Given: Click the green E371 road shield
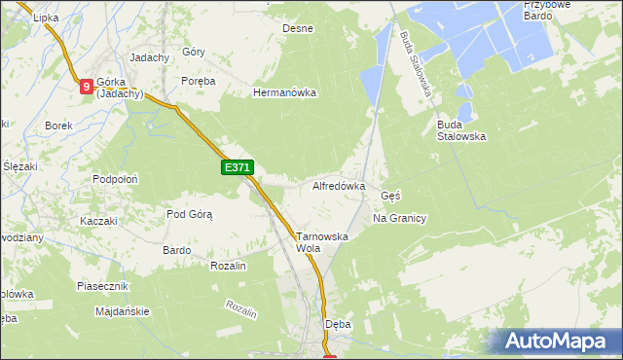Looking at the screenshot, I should [x=238, y=168].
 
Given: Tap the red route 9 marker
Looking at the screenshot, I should [x=87, y=87].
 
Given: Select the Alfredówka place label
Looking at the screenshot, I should [x=338, y=185].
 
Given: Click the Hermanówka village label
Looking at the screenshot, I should [x=285, y=93].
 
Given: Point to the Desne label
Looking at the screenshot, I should [x=298, y=28].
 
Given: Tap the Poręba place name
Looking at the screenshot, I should [x=198, y=81].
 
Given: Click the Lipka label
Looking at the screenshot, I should [x=46, y=18].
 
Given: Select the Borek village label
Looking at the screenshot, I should [x=59, y=126].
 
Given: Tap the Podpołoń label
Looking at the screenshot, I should [x=115, y=179].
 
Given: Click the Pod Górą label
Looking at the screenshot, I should [x=189, y=214].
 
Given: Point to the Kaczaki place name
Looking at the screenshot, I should [x=98, y=221].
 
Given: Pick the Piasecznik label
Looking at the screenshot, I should [x=103, y=286].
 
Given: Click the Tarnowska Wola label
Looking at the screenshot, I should [x=321, y=242].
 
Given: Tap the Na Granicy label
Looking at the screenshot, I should [x=400, y=218].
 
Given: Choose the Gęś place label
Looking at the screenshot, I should [x=390, y=195].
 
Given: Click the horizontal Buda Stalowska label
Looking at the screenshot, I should [x=461, y=130].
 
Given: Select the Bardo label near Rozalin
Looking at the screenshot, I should [x=176, y=250].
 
